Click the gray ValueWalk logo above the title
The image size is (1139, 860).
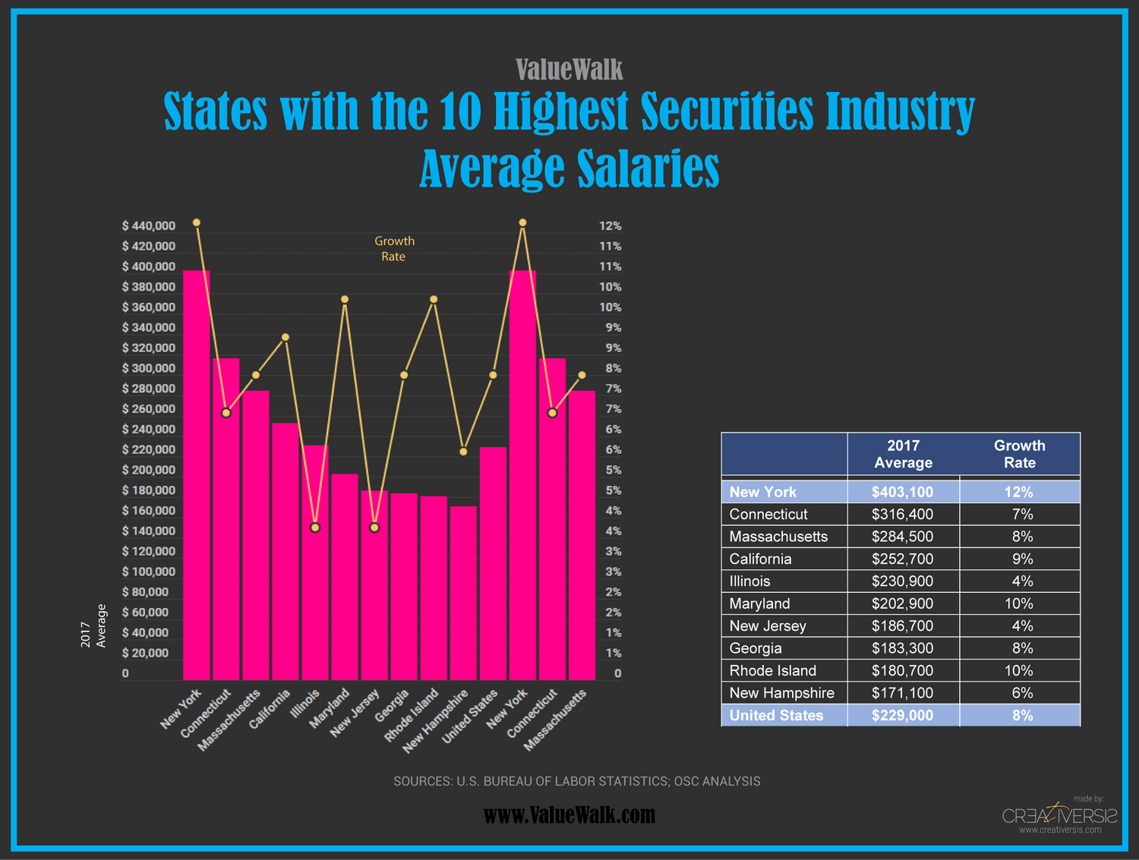569,70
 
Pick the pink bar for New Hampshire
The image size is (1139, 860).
463,593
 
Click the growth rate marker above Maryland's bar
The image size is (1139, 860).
345,300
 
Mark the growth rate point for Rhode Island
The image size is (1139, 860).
434,300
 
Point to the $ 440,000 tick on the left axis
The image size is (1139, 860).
149,225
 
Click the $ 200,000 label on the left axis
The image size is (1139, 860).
149,470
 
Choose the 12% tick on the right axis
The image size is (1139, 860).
610,225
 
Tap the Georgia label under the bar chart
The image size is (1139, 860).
393,706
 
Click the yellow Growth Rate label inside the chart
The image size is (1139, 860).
394,249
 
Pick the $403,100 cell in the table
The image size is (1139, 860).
902,492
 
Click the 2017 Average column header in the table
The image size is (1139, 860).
903,454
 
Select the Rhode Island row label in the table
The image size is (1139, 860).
772,671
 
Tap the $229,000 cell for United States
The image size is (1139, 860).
902,716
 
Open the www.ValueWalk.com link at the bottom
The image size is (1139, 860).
569,815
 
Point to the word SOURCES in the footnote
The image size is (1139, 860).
421,781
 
